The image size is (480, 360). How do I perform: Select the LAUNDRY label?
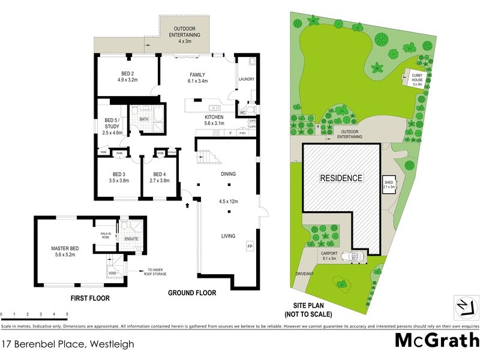coord(247,79)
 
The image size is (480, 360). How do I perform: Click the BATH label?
coord(144,119)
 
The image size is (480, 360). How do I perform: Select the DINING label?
coord(227,174)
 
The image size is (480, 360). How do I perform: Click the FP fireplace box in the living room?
coord(250,247)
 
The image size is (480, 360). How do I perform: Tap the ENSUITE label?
coord(131,239)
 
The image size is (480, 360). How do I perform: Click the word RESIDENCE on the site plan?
coord(341,178)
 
